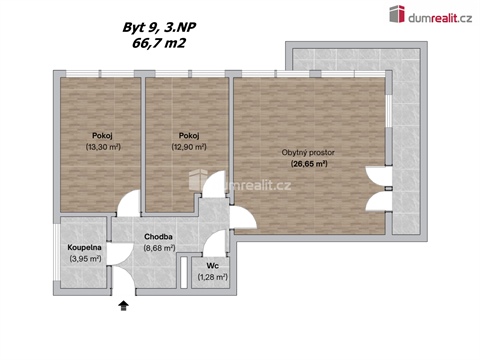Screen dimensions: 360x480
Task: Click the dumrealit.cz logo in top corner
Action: (432, 14)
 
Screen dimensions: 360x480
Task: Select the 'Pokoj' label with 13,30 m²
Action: (101, 135)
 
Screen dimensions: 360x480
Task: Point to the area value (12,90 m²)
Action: (188, 147)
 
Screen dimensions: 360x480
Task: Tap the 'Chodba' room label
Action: (160, 237)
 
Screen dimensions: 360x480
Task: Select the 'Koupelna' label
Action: (85, 247)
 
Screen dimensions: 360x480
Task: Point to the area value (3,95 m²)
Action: (85, 259)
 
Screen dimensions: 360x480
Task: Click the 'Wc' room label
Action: (212, 265)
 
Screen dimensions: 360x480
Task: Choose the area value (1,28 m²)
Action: (212, 277)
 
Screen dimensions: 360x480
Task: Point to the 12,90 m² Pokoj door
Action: (210, 184)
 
